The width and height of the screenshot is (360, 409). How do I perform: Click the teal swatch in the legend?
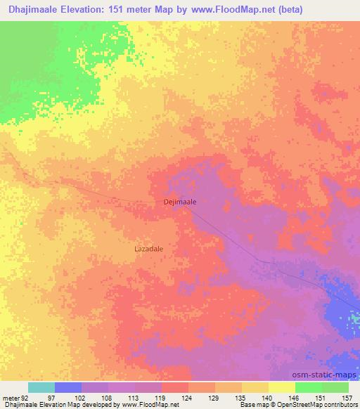[41, 387]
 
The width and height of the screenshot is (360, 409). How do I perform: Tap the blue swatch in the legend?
[68, 387]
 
